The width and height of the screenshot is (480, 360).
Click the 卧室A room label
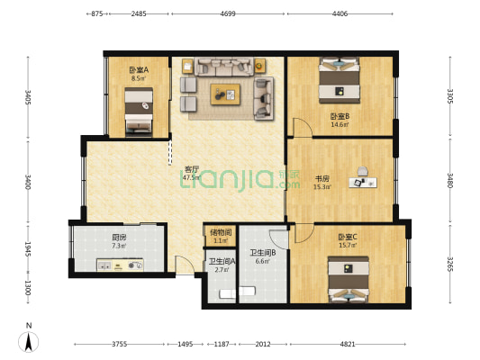[x=139, y=70]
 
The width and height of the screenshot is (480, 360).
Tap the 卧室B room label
[x=340, y=116]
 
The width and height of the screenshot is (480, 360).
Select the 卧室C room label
[x=348, y=237]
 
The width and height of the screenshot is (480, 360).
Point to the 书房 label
[x=322, y=178]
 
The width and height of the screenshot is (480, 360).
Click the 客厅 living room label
[x=191, y=169]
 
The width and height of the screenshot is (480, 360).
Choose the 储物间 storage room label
[x=221, y=232]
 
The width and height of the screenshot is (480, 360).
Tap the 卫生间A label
[x=222, y=261]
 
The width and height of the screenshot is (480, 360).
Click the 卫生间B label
[x=262, y=253]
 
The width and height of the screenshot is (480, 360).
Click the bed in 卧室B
[x=340, y=80]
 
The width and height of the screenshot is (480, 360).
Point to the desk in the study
[x=365, y=182]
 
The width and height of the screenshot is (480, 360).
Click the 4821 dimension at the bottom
[x=348, y=344]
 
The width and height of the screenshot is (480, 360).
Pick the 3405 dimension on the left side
[x=28, y=96]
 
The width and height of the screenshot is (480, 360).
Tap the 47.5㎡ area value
[x=191, y=178]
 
